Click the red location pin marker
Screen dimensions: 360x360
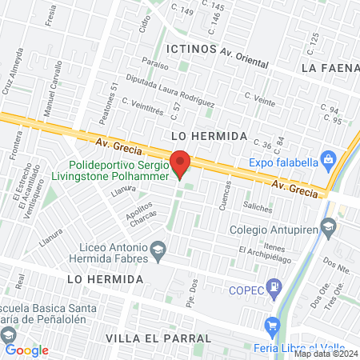point(181,162)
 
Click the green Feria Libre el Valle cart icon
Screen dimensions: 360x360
point(273,326)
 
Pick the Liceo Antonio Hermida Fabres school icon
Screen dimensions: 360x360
point(158,249)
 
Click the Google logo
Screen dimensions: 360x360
point(26,350)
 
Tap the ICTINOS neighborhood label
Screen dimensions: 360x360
point(190,49)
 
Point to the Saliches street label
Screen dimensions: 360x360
point(257,207)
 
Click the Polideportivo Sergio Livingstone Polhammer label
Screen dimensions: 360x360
point(117,170)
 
